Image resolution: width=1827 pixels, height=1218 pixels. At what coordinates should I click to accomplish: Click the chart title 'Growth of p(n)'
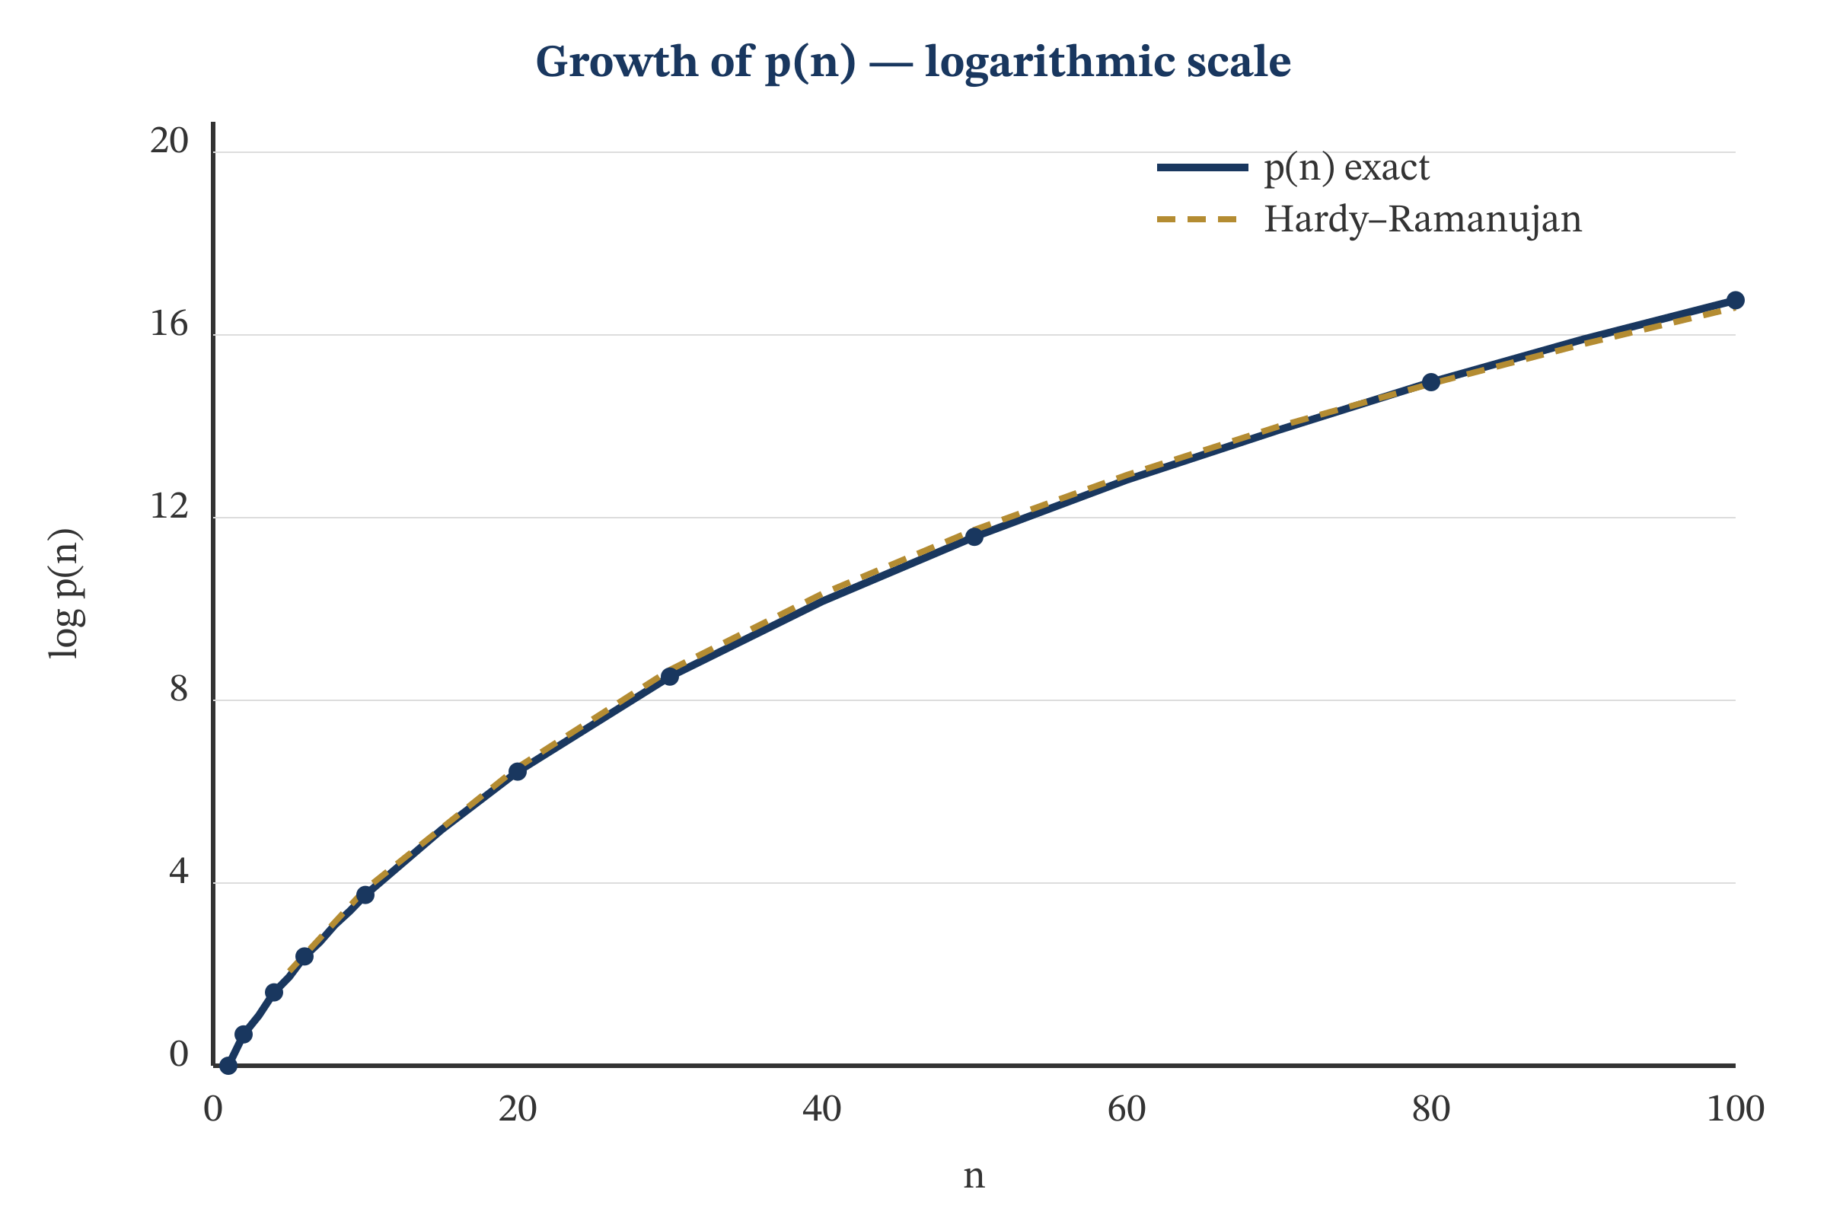[x=913, y=62]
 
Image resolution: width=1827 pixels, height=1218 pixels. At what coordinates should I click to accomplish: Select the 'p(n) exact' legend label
[x=1346, y=167]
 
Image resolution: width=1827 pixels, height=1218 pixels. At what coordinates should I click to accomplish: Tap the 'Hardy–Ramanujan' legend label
[x=1421, y=219]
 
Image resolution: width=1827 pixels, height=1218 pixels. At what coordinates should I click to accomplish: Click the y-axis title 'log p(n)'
[x=65, y=595]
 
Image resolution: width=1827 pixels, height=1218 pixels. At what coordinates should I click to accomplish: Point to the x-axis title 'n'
[x=974, y=1176]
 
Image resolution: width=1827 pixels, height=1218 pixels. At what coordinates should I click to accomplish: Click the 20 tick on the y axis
[x=169, y=142]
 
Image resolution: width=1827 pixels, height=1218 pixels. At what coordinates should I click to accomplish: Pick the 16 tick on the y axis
[x=169, y=324]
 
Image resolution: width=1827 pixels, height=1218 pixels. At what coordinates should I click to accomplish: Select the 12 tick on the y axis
[x=169, y=506]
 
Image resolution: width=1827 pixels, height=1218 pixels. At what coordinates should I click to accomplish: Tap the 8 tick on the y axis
[x=179, y=689]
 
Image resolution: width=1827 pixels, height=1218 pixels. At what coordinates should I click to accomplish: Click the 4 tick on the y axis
[x=179, y=872]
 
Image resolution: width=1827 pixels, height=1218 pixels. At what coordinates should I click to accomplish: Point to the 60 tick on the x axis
[x=1127, y=1109]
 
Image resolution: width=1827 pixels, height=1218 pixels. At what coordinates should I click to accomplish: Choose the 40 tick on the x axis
[x=822, y=1109]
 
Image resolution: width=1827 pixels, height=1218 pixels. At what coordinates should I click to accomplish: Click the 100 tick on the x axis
[x=1736, y=1109]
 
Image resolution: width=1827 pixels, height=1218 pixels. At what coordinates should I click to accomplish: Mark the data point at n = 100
[x=1735, y=300]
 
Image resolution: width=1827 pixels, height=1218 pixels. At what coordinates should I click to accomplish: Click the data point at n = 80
[x=1431, y=382]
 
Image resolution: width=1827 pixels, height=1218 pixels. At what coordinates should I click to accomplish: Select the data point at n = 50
[x=974, y=536]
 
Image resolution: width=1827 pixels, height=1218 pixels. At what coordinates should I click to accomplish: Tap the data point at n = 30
[x=670, y=677]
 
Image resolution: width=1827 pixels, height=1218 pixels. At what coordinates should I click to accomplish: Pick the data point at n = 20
[x=518, y=771]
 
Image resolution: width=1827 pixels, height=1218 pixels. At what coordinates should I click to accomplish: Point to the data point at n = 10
[x=365, y=895]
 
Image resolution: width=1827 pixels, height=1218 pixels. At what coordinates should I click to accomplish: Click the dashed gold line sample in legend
[x=1201, y=220]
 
